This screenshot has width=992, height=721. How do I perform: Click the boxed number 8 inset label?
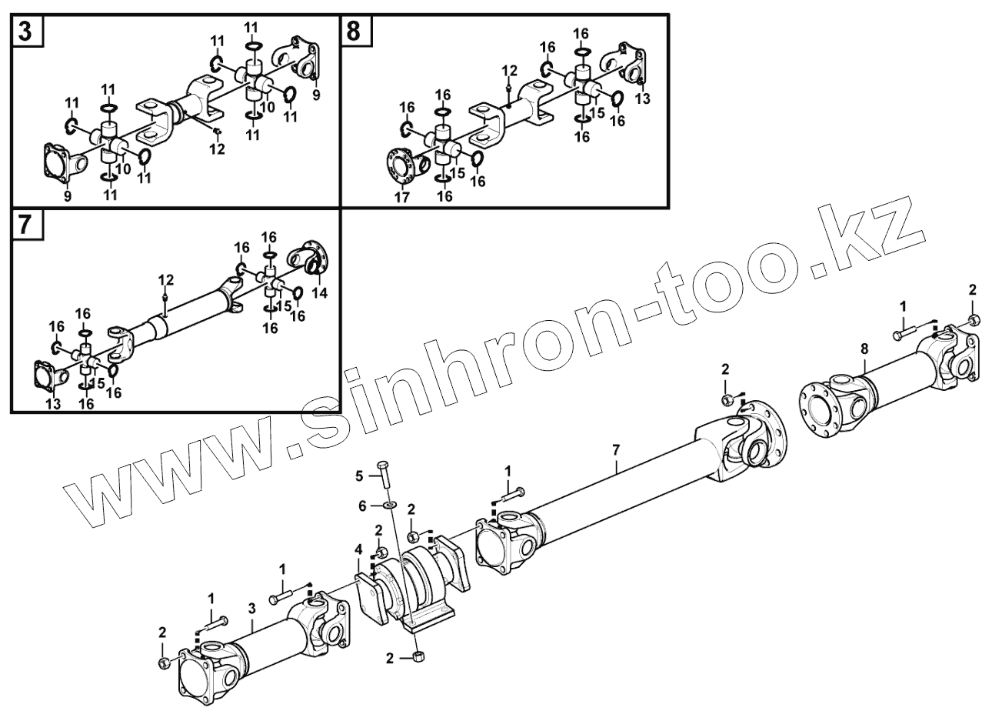point(354,32)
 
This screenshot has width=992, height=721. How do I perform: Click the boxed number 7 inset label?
point(25,225)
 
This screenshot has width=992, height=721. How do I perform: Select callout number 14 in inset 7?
point(320,292)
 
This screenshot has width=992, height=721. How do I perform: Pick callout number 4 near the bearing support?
point(358,549)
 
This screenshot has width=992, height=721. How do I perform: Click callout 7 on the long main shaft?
point(616,447)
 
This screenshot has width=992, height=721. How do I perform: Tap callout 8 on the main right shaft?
point(864,348)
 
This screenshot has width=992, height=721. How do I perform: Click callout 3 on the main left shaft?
point(251,608)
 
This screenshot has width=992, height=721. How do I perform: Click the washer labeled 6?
point(389,506)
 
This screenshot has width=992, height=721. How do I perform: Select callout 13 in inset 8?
point(643,98)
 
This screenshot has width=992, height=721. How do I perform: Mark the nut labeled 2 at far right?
point(973,320)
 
